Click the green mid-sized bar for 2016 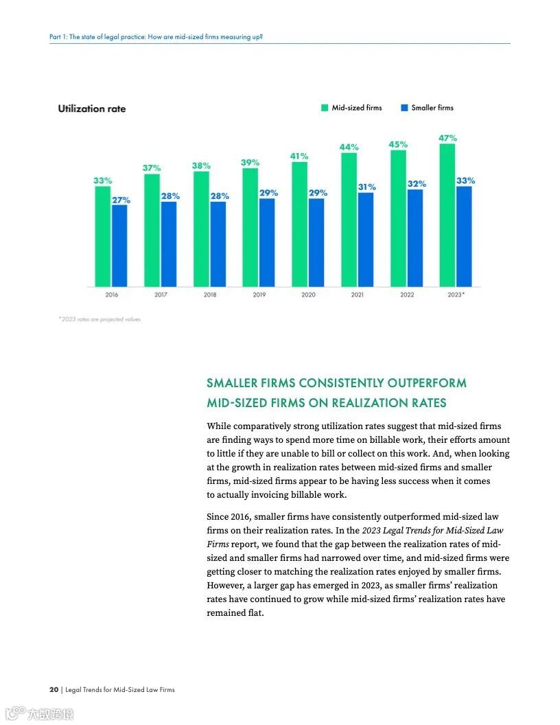(103, 236)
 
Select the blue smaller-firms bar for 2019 (267, 242)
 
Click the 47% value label (448, 138)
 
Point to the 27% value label (121, 200)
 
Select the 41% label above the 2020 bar (299, 156)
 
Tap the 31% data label (366, 187)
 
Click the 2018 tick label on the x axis (210, 295)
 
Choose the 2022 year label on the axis (407, 295)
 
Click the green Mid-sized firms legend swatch (325, 108)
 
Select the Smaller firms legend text (432, 108)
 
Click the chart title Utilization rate (92, 108)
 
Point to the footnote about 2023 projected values (100, 319)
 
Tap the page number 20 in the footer (54, 689)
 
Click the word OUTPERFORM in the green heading (427, 382)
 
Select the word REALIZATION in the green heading (370, 403)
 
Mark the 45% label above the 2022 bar (398, 144)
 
